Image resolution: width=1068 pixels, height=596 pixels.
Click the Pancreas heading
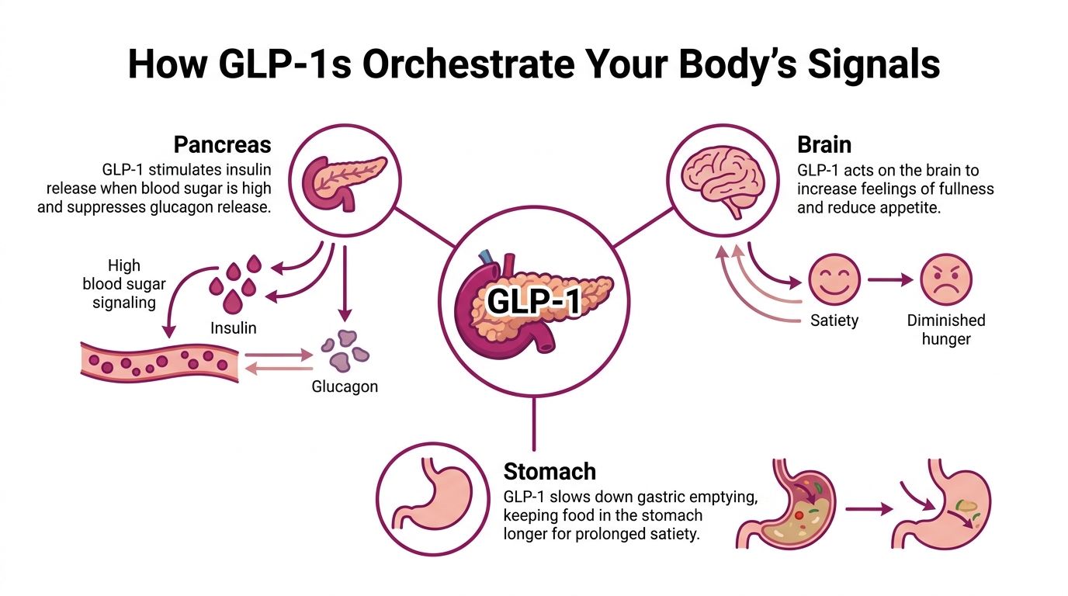(x=222, y=145)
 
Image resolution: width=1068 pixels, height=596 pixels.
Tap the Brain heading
(x=824, y=145)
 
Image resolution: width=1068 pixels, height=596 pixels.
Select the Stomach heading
(x=550, y=471)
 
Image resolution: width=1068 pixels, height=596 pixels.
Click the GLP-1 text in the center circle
(x=533, y=301)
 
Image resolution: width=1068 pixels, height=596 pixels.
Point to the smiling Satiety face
(x=834, y=280)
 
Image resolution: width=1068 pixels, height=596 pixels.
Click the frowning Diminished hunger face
(x=945, y=280)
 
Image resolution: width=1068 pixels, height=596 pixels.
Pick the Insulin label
(x=234, y=327)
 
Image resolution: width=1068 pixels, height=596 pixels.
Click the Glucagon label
(x=345, y=386)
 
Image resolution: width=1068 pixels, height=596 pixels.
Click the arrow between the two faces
(x=889, y=280)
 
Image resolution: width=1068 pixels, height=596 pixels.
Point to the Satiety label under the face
(x=834, y=321)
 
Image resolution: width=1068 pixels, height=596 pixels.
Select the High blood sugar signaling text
(x=124, y=284)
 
